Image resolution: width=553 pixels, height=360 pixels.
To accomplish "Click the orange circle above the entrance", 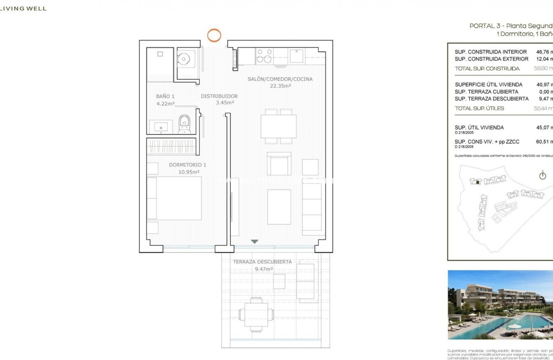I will pyautogui.click(x=214, y=35).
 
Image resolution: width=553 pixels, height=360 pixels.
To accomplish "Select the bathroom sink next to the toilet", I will pyautogui.click(x=160, y=126).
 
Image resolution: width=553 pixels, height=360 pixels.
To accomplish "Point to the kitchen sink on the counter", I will pyautogui.click(x=297, y=57).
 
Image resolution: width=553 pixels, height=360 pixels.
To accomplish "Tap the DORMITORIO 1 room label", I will pyautogui.click(x=184, y=165).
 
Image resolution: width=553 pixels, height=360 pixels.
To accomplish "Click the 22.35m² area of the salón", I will pyautogui.click(x=280, y=86).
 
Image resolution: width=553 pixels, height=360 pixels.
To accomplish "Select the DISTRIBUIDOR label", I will pyautogui.click(x=219, y=96).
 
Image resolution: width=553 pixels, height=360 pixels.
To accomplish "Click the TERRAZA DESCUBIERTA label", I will pyautogui.click(x=262, y=262).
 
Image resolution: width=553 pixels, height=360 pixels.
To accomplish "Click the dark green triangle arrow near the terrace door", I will pyautogui.click(x=254, y=241).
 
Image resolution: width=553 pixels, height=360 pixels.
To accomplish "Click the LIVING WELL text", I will pyautogui.click(x=23, y=8).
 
